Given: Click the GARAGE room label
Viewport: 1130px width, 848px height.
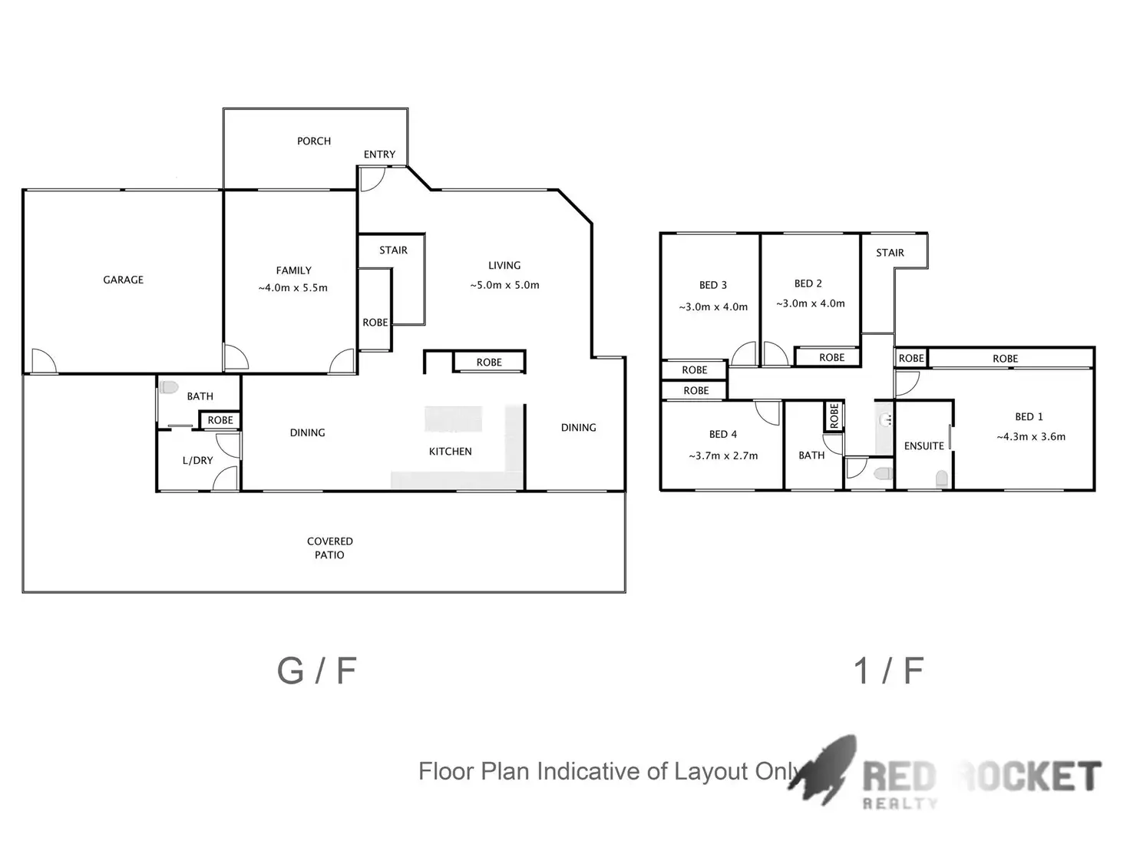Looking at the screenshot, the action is pyautogui.click(x=124, y=280).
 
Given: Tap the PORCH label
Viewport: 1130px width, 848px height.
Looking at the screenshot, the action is pyautogui.click(x=314, y=141).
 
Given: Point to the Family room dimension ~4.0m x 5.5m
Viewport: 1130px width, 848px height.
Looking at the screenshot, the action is pyautogui.click(x=293, y=288).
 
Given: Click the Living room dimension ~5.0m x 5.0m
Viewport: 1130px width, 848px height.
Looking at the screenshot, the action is pyautogui.click(x=504, y=285).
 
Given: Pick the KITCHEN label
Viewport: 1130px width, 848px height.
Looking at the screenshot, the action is pyautogui.click(x=450, y=452).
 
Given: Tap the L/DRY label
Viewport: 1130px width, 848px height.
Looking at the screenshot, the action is pyautogui.click(x=197, y=461).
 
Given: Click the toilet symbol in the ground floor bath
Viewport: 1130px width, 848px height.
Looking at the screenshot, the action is pyautogui.click(x=169, y=387).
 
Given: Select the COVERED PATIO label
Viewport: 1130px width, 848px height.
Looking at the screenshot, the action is pyautogui.click(x=330, y=548).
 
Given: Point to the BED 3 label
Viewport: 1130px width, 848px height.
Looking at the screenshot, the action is pyautogui.click(x=713, y=285).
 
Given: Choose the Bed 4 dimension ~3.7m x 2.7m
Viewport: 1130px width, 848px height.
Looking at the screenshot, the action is pyautogui.click(x=723, y=455).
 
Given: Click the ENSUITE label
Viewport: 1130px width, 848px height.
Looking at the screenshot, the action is pyautogui.click(x=923, y=446).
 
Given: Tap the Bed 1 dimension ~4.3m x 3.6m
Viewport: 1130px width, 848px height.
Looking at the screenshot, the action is pyautogui.click(x=1031, y=437).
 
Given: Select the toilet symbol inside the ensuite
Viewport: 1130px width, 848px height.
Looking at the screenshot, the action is pyautogui.click(x=942, y=479).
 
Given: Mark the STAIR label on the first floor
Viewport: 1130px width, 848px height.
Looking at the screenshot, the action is pyautogui.click(x=890, y=253).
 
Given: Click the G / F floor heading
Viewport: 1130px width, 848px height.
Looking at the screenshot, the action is pyautogui.click(x=316, y=671).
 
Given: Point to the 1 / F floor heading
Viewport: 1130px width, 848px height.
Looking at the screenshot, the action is pyautogui.click(x=888, y=671).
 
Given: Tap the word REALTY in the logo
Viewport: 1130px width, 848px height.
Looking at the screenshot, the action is pyautogui.click(x=900, y=803).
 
